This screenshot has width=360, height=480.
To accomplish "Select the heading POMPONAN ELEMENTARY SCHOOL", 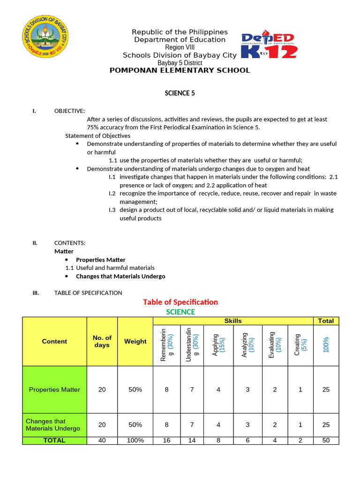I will coord(180,70).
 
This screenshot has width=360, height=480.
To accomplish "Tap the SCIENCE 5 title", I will coord(180,93).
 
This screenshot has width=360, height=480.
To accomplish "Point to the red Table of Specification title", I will coord(180,302).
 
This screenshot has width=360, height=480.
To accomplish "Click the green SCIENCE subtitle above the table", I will coord(180,312).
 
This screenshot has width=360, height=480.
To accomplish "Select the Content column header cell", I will coord(54,341).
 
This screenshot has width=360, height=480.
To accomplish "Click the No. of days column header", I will coord(102,341).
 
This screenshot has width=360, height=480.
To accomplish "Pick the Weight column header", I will coord(135,341).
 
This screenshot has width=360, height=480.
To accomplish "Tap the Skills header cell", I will coord(233,321).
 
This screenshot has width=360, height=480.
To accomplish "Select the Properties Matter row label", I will coord(54,390).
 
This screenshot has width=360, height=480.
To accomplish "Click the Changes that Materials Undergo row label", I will coord(53,425).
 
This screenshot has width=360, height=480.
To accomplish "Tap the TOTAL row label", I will coord(54,441).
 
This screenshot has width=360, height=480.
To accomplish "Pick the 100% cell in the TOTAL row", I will coord(135,441).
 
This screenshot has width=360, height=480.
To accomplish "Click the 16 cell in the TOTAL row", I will coord(166,441).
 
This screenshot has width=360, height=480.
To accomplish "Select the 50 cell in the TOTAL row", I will coord(326,441).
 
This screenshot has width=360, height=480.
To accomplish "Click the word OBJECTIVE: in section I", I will coord(70,111).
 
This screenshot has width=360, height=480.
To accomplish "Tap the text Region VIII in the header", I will coord(180,47).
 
